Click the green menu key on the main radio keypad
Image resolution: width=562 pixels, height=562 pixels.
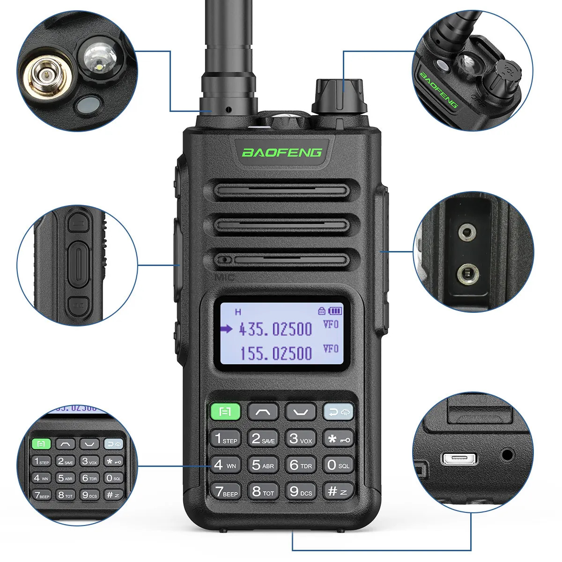coord(225,412)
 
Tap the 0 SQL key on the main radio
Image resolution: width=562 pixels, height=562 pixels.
coord(338,465)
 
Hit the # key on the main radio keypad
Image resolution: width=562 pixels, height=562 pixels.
coord(338,491)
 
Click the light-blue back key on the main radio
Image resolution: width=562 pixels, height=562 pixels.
coord(338,412)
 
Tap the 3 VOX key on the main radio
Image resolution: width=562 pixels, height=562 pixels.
coord(300,439)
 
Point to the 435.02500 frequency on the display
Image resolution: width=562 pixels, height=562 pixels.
coord(275,329)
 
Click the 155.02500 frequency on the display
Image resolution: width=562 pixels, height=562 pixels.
coord(275,353)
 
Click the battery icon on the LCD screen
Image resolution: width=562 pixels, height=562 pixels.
coord(335,311)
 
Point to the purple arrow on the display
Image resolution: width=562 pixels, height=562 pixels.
coord(226,329)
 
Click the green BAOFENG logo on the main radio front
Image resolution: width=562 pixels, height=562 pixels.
coord(282,152)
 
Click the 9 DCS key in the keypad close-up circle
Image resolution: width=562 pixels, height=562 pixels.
coord(89,495)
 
